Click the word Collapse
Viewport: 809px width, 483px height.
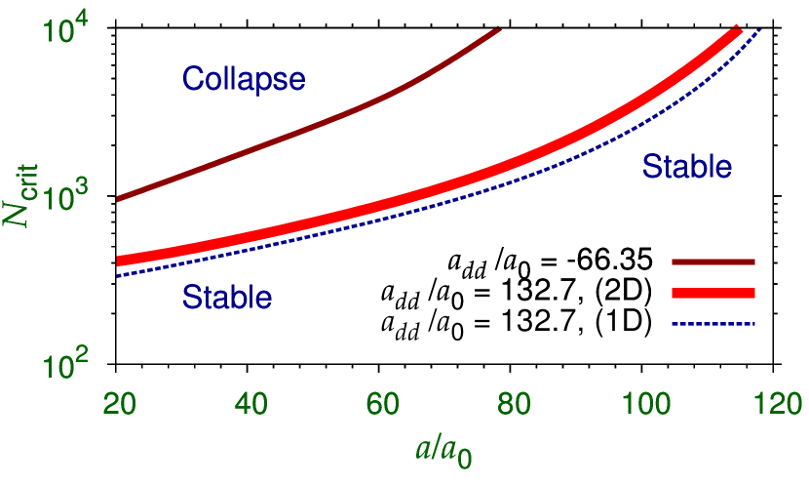244,79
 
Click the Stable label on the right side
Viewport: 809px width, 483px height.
687,167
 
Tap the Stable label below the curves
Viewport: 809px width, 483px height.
227,297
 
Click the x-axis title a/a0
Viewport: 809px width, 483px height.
443,450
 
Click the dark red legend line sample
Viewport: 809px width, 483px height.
713,262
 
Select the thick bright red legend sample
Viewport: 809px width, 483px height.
713,293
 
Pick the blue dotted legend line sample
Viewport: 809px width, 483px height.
713,323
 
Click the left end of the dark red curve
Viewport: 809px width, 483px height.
118,199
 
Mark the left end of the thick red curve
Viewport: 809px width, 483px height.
119,261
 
